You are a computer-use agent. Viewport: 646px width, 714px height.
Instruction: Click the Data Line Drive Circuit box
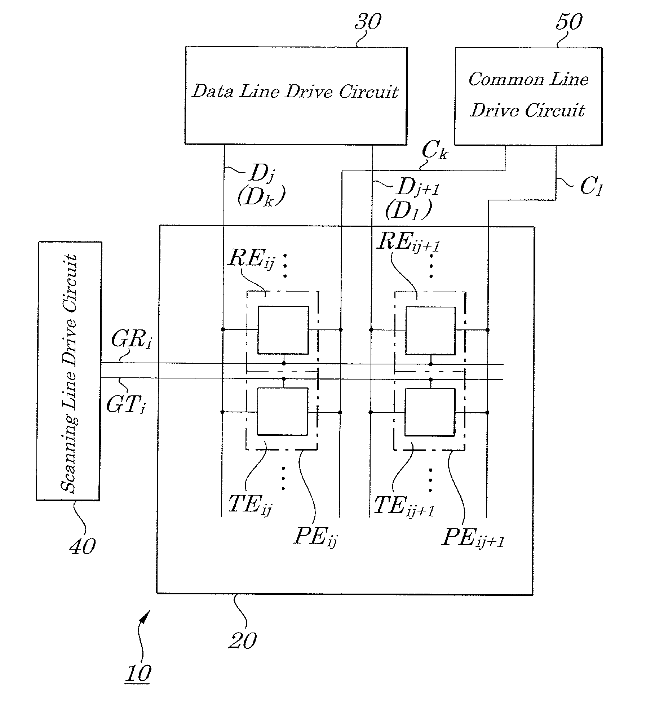[x=296, y=96]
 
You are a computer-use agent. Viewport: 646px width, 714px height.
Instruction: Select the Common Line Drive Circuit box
[x=528, y=97]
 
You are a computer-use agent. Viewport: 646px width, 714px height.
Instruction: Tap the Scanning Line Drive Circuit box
[x=68, y=371]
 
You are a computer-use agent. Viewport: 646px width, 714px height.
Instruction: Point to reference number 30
[x=368, y=22]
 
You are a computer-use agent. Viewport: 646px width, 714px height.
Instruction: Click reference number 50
[x=568, y=22]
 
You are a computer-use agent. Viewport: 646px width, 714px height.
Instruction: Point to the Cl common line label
[x=592, y=187]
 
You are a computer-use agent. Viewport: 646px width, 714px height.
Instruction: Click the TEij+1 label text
[x=404, y=506]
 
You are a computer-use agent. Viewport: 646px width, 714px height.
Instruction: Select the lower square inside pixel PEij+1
[x=430, y=412]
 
